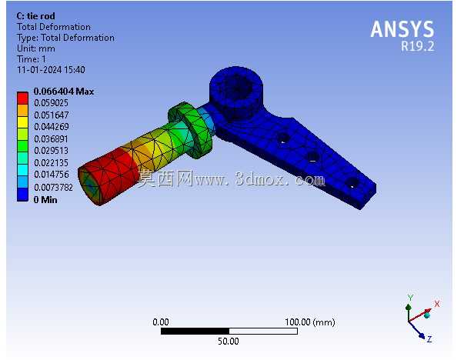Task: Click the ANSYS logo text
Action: [402, 29]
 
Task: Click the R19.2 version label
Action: [418, 46]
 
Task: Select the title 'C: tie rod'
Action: [36, 16]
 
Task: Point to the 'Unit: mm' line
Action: [36, 48]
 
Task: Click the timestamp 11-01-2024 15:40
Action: [52, 70]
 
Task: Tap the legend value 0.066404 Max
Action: [64, 92]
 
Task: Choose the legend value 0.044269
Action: [52, 127]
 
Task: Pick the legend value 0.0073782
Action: [53, 187]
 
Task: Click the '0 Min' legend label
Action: [45, 200]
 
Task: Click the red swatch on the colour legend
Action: [22, 98]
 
